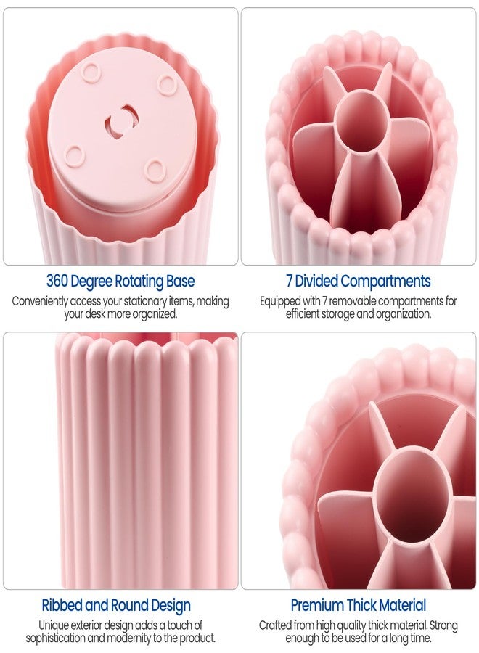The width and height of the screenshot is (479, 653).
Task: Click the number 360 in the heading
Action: tap(57, 281)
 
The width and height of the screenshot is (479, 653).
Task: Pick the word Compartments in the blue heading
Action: tap(385, 282)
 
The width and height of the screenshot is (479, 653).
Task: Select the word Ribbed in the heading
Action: tap(62, 606)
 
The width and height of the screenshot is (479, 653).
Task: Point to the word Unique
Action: tap(52, 625)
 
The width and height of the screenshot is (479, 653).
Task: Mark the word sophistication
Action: tap(57, 638)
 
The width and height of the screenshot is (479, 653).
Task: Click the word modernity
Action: tap(129, 638)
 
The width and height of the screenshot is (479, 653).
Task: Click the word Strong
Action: tap(444, 625)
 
